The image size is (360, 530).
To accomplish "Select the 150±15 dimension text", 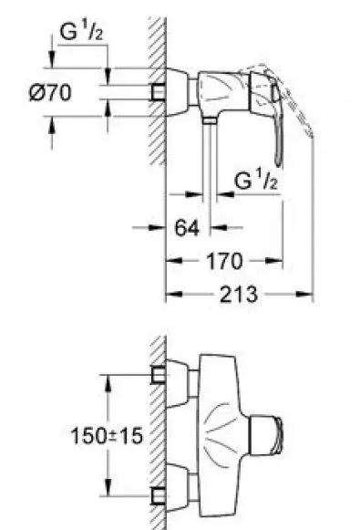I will pyautogui.click(x=107, y=436).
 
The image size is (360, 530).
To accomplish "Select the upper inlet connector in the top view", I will pyautogui.click(x=158, y=374).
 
